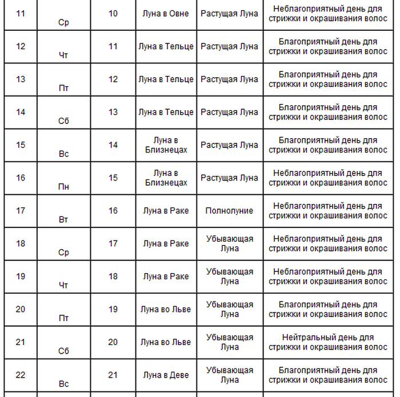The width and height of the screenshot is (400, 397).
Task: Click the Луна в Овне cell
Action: tap(166, 13)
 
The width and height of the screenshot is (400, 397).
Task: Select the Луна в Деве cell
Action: tap(166, 375)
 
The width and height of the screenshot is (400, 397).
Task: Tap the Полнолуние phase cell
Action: tap(229, 211)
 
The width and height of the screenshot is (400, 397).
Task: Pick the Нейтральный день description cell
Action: tap(328, 342)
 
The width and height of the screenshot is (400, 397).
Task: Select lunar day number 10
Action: tap(113, 13)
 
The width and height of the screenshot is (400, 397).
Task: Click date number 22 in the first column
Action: tap(21, 375)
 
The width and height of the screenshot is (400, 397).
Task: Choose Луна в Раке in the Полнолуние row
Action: tap(166, 211)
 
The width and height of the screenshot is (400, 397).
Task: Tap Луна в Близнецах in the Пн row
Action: tap(166, 178)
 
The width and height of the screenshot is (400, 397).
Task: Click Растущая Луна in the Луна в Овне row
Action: tap(229, 13)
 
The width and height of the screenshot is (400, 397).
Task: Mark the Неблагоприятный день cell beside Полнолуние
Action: tap(328, 211)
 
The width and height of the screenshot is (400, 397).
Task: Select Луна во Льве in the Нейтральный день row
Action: tap(166, 342)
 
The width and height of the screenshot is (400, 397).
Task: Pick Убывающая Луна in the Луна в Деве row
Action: tap(229, 375)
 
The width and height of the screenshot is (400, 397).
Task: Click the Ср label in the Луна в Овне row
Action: tap(64, 22)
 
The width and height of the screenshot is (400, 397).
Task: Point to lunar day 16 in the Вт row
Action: tap(113, 211)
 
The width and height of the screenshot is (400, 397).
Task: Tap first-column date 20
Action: tap(21, 309)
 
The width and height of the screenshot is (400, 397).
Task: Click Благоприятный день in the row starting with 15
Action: tap(328, 145)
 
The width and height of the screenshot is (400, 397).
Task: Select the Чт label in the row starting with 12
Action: tap(64, 55)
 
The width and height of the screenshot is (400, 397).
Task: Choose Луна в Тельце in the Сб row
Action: tap(166, 112)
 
